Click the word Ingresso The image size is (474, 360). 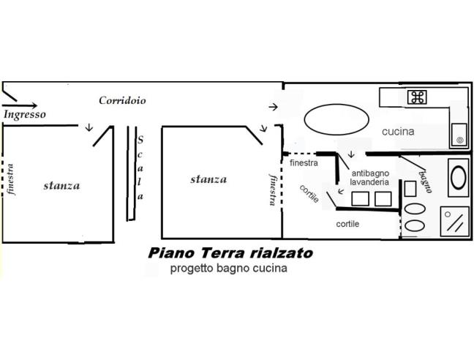[25, 115]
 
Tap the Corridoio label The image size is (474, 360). [123, 100]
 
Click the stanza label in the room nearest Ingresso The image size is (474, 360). [61, 185]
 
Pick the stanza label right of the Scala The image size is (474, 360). [208, 179]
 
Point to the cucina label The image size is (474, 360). [398, 132]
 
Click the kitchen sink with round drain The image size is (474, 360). [459, 132]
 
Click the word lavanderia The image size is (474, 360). [369, 181]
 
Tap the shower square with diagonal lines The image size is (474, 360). [456, 221]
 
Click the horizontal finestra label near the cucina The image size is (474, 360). [304, 163]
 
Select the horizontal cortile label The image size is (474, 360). [347, 224]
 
